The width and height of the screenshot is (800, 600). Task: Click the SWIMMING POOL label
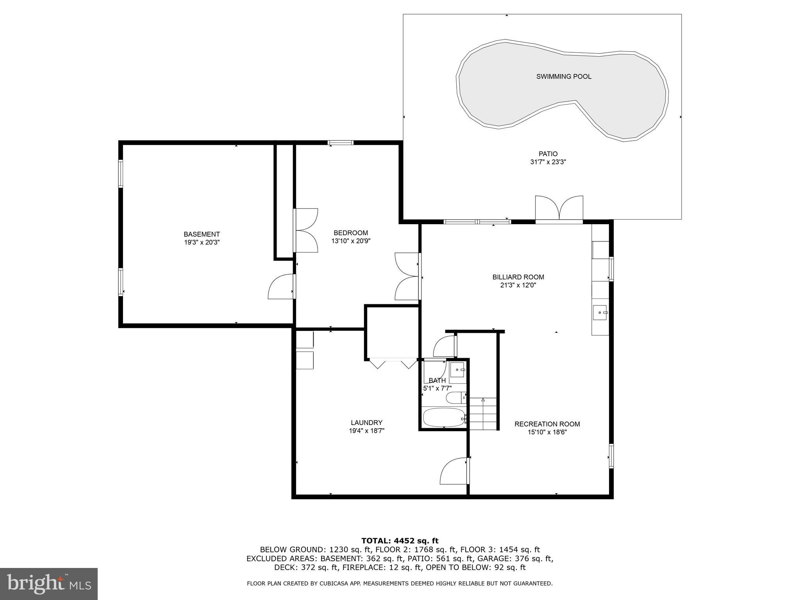point(563,77)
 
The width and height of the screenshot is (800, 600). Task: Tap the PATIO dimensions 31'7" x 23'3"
point(548,162)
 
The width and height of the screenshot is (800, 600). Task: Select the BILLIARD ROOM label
point(518,277)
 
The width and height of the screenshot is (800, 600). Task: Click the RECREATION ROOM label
point(547,424)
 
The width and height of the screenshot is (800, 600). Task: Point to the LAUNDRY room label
point(366,422)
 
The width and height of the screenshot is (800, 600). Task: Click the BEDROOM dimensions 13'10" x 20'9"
point(351,241)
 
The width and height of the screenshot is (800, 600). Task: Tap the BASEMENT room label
point(202,234)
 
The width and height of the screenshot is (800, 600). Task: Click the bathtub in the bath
point(444,418)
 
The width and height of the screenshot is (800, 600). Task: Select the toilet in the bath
point(455,398)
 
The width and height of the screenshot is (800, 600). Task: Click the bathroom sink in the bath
point(457,369)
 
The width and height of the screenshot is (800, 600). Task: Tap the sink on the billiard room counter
point(600,313)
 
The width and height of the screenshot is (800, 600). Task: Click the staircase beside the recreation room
point(483,414)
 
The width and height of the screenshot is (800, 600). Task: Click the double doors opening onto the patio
point(559,209)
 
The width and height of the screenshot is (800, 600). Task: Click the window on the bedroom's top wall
point(340,143)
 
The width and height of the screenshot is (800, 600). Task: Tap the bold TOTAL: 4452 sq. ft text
point(400,541)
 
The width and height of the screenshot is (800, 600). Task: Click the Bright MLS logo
point(48,584)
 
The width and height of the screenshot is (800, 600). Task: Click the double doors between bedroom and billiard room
point(408,276)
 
